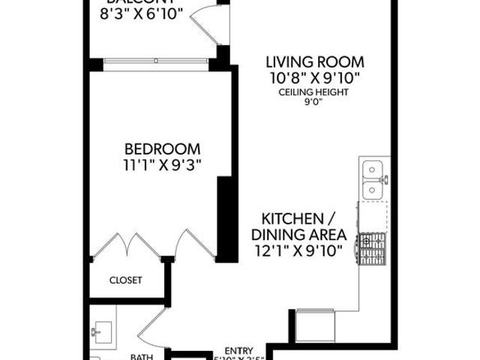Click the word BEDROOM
point(162,148)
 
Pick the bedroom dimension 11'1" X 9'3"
point(162,163)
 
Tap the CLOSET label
point(125,280)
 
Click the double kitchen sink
point(373,180)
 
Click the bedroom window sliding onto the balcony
point(156,60)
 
